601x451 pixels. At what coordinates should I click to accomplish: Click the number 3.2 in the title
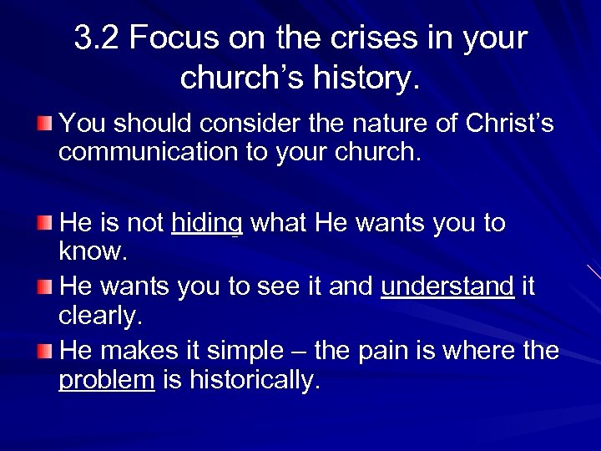(x=98, y=39)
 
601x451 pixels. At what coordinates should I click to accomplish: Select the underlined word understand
(x=447, y=286)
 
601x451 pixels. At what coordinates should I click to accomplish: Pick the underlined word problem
(x=107, y=380)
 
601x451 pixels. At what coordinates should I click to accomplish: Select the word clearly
(x=98, y=317)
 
